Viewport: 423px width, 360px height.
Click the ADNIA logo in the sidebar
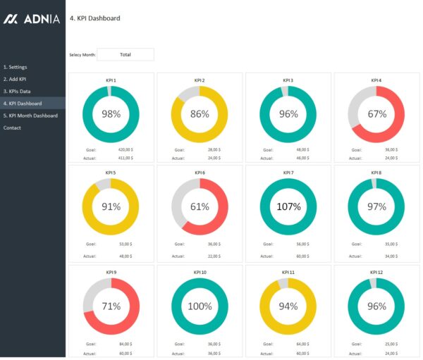[32, 19]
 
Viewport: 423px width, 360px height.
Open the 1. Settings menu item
[16, 67]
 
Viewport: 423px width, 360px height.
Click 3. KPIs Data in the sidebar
[17, 91]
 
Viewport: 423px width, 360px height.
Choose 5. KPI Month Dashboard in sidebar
[30, 116]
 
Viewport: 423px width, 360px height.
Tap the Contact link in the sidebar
[12, 128]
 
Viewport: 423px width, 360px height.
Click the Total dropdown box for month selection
[125, 54]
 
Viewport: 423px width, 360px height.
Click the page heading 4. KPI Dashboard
[95, 18]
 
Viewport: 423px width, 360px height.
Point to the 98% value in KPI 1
[111, 113]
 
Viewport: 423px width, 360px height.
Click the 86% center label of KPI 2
[200, 113]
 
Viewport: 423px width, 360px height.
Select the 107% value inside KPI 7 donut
[288, 206]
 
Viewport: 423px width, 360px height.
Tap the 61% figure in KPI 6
[200, 206]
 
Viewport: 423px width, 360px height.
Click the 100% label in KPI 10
[200, 306]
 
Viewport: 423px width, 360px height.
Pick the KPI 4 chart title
[376, 80]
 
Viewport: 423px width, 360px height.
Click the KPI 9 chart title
[111, 272]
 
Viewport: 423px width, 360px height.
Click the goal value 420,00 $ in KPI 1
[125, 149]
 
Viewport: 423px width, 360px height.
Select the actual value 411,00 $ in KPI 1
[125, 158]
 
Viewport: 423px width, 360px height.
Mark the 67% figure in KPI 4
[376, 113]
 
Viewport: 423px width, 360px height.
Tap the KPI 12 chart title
[376, 272]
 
